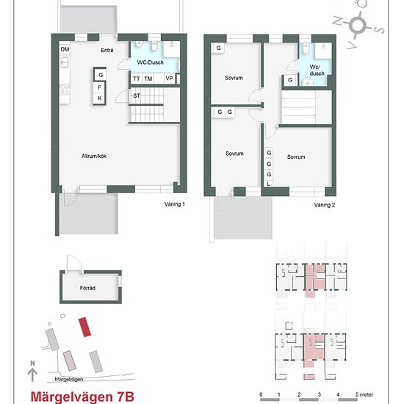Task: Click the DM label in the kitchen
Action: [65, 49]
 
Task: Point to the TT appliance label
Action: [137, 79]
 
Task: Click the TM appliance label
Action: [148, 79]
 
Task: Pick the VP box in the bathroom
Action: [169, 79]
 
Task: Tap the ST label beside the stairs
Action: [137, 96]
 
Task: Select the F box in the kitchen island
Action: [100, 87]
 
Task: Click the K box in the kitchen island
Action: [100, 98]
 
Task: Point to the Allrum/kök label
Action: [95, 156]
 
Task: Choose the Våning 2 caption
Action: [324, 205]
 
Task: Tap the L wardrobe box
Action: [269, 184]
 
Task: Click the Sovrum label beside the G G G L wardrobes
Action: [296, 156]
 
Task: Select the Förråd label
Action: [87, 288]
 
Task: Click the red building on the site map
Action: [86, 325]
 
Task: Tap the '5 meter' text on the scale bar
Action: [365, 394]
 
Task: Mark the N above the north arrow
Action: [32, 364]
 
